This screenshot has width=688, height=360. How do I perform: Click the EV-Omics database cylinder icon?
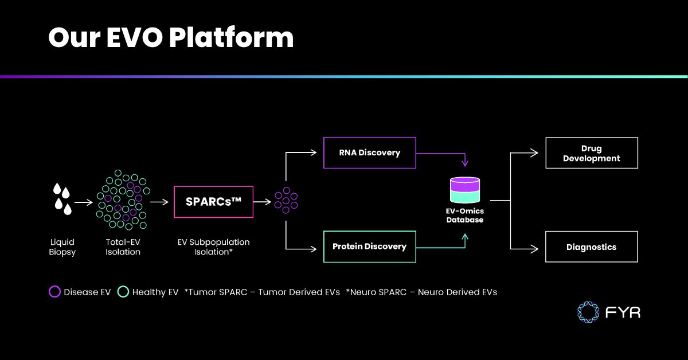[465, 190]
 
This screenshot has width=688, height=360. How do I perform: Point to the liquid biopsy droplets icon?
[62, 199]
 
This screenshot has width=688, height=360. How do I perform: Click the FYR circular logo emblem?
[588, 312]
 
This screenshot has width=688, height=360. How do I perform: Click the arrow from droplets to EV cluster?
[84, 202]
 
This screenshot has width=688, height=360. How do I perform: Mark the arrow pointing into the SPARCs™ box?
[159, 202]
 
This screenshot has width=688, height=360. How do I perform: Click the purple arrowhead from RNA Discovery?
[465, 163]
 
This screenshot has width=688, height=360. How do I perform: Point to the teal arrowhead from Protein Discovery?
[465, 237]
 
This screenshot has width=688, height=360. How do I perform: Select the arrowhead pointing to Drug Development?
[534, 152]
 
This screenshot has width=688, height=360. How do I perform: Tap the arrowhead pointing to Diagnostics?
[534, 248]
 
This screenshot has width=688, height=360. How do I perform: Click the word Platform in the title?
[231, 38]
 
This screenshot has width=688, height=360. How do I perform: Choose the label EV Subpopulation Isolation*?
[213, 247]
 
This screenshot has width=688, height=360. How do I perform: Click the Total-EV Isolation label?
[123, 247]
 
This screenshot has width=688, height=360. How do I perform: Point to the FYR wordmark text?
[623, 312]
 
